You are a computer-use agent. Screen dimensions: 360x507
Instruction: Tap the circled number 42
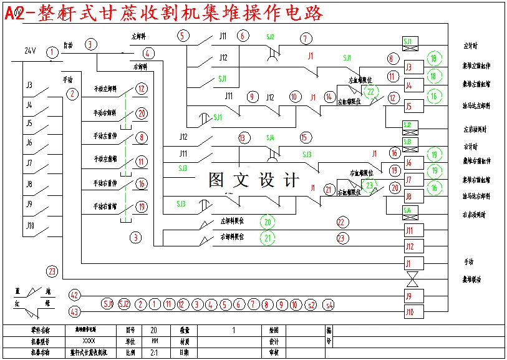[x=74, y=294]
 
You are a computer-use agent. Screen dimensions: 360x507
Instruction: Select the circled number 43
[x=74, y=311]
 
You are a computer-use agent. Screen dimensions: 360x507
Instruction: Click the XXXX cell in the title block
[x=89, y=341]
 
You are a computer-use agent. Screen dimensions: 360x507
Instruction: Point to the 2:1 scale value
[x=154, y=352]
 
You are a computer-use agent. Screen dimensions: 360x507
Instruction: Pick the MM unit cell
[x=154, y=341]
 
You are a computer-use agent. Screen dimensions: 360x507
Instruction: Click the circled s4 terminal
[x=329, y=304]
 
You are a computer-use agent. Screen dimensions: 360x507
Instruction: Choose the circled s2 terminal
[x=311, y=304]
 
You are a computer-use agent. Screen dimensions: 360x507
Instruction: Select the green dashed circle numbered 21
[x=268, y=238]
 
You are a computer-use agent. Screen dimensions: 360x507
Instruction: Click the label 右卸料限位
[x=231, y=237]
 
